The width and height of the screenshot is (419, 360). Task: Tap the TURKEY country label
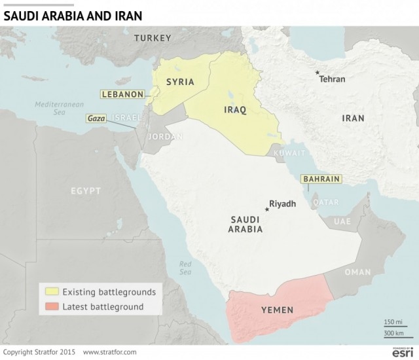click(x=153, y=39)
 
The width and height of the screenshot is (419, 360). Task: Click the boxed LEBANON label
click(x=122, y=94)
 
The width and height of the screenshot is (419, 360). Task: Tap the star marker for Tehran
click(x=318, y=73)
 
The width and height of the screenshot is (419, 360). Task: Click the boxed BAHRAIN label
click(x=320, y=179)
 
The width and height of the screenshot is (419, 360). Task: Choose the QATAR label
click(x=325, y=202)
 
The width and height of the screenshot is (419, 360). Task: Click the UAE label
click(x=342, y=222)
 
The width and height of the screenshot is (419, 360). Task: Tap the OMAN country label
click(x=357, y=272)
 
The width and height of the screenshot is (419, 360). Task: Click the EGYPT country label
click(x=86, y=191)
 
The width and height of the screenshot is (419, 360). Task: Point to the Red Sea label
click(x=186, y=268)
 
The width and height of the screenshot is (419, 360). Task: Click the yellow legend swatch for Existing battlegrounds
click(x=50, y=291)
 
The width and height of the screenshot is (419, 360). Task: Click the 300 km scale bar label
click(x=393, y=333)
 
